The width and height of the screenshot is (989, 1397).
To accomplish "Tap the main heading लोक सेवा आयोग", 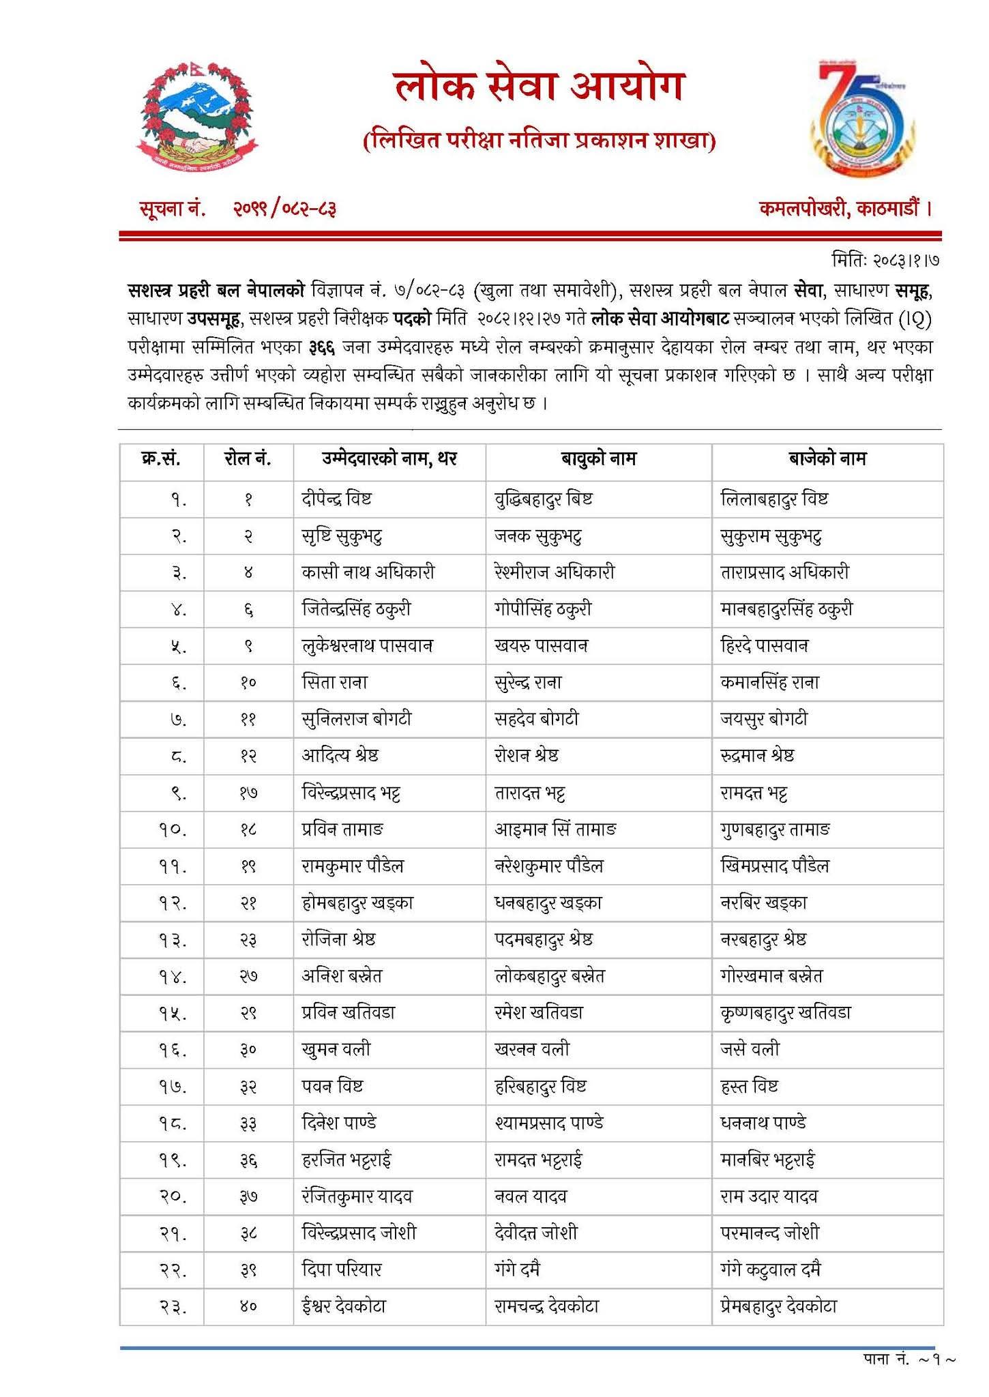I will pos(538,89).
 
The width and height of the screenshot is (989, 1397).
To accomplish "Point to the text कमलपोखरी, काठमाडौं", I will pos(845,208).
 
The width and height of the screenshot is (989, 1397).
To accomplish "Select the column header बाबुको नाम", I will pos(598,459).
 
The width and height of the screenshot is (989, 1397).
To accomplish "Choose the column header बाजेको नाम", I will pos(827,459).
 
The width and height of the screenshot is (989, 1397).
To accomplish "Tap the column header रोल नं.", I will pos(248,459).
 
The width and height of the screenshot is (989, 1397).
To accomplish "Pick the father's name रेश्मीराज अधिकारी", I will pos(554,572).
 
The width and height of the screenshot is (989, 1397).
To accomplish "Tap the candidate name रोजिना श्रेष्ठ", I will pos(338,940).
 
